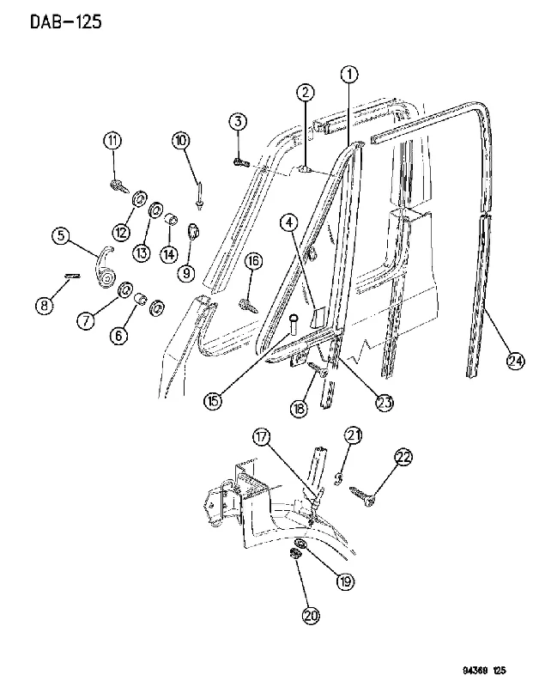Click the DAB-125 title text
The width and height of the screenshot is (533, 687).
click(66, 21)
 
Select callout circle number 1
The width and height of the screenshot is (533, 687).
click(349, 75)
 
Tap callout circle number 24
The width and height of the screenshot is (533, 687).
click(515, 361)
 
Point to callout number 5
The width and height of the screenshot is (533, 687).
click(60, 235)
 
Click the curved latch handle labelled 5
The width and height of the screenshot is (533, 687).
click(104, 268)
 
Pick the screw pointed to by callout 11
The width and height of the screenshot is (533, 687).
click(118, 186)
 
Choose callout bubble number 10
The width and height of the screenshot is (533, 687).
click(181, 141)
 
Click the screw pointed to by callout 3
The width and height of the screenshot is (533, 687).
click(241, 163)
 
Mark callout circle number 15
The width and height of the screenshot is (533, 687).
click(213, 401)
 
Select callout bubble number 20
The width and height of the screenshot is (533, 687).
click(311, 616)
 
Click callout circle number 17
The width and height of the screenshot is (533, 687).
click(262, 437)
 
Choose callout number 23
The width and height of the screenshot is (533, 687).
click(385, 403)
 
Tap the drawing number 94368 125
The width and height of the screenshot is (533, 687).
click(483, 670)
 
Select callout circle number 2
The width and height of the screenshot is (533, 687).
click(306, 93)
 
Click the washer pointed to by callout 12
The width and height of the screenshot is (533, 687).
click(140, 199)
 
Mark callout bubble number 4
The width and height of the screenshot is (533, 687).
click(289, 223)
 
